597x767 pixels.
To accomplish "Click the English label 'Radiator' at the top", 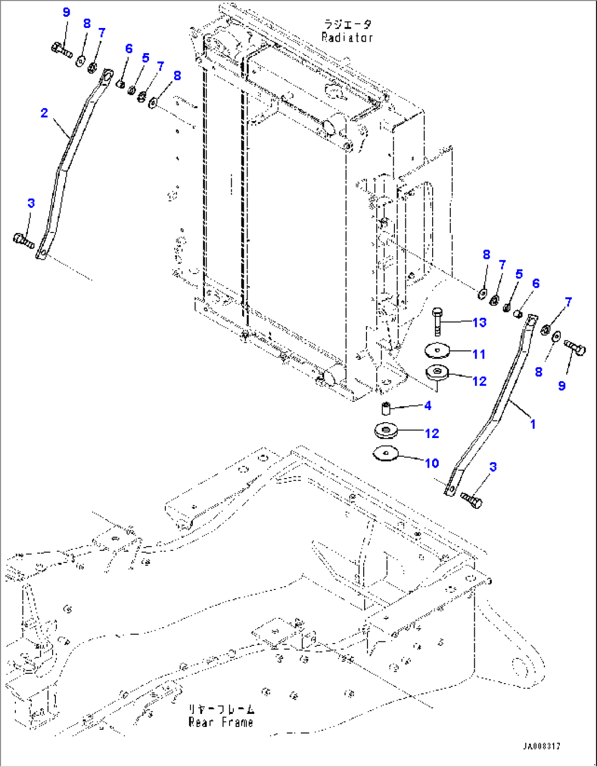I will click(347, 37).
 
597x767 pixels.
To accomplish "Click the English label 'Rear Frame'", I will click(221, 722).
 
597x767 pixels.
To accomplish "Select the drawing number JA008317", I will click(541, 747).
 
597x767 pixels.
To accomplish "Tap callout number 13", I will click(479, 322).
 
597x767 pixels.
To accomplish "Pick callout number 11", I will click(479, 354).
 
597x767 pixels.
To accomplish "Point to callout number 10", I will click(432, 463).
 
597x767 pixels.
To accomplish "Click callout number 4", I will click(428, 406).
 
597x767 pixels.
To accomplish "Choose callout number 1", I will click(532, 423).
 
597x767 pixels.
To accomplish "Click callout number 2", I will click(44, 113).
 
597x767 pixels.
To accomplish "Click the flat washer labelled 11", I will click(437, 349).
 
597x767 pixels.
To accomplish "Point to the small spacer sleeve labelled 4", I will click(387, 409).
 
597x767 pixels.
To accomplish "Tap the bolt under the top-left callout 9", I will click(61, 50).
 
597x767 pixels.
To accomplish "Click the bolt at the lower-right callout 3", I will click(471, 499).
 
